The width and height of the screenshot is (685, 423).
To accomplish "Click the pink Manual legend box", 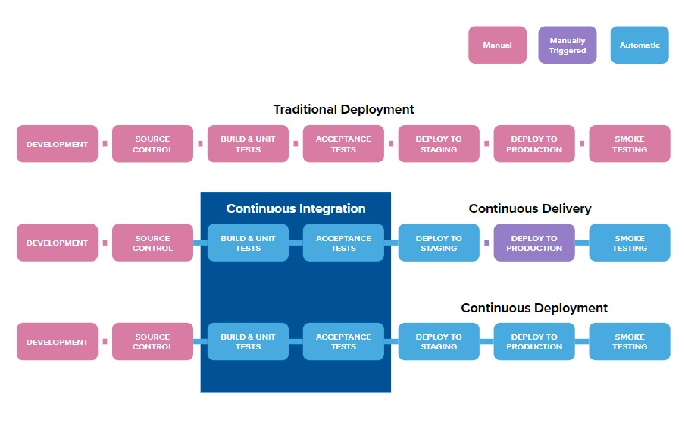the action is click(497, 45).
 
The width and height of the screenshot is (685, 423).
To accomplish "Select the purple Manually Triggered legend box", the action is click(567, 45).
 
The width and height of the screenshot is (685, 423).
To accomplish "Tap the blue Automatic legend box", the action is click(640, 45).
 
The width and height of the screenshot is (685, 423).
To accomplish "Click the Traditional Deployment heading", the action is click(343, 109).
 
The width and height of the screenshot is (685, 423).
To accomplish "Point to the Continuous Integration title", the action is click(296, 208).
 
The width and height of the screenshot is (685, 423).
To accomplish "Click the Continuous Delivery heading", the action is click(530, 208).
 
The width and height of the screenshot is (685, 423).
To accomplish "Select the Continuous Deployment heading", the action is click(534, 308).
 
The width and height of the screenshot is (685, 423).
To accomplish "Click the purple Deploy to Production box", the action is click(534, 243).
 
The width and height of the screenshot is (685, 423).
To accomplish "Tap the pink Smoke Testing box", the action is click(630, 144).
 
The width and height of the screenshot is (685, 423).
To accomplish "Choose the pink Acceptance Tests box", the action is click(343, 144).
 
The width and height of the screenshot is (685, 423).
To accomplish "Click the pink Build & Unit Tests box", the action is click(248, 144).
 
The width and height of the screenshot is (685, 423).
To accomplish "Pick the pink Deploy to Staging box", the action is click(439, 144).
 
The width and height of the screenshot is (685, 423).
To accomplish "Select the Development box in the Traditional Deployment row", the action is click(58, 144).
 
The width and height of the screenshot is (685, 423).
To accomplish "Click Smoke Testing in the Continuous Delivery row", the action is click(630, 243).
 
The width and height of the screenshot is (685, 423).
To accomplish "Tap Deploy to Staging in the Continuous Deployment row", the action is click(439, 342).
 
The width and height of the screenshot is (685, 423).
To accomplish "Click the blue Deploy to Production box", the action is click(534, 342).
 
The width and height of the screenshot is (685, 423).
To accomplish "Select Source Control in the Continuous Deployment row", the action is click(152, 342).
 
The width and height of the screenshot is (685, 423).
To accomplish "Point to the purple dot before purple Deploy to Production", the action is click(486, 243).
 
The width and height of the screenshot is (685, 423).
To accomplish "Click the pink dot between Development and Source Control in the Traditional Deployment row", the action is click(105, 144).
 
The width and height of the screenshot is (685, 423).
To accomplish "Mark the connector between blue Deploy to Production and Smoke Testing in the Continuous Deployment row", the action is click(582, 342).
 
